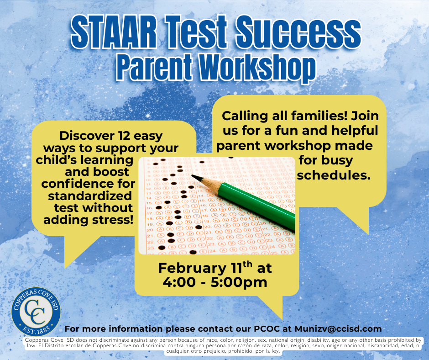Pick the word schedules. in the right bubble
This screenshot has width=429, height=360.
pos(334,175)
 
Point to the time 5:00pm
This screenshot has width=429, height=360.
pos(239,282)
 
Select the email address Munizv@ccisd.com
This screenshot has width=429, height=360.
pos(338,329)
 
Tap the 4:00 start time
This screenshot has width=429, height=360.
pos(180,282)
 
